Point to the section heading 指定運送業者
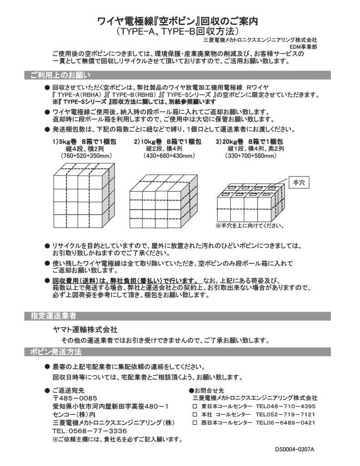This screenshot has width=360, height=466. [x=53, y=315]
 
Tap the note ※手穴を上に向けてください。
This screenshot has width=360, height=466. [x=249, y=226]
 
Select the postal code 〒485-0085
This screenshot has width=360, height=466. [x=75, y=398]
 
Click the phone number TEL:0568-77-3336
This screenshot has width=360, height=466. [x=90, y=431]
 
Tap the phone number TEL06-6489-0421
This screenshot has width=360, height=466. [x=285, y=423]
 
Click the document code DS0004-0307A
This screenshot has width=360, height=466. [x=294, y=449]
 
